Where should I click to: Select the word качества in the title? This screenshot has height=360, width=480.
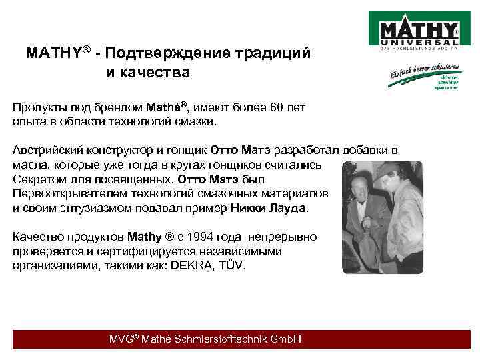coord(157,71)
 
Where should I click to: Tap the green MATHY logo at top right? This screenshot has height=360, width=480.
coord(418,31)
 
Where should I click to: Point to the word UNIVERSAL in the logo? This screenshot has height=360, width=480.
coord(418,43)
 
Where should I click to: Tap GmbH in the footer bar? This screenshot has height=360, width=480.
coord(286,339)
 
